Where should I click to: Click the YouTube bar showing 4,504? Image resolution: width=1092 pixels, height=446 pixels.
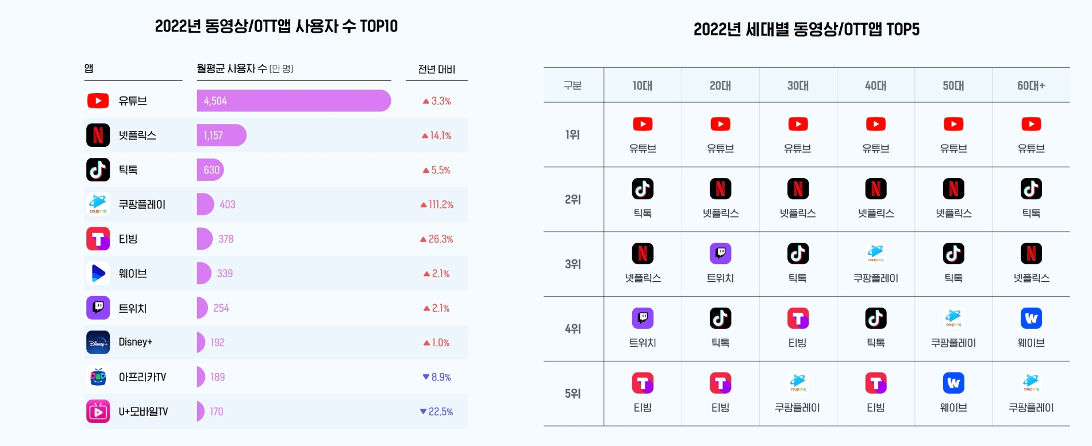click(x=293, y=100)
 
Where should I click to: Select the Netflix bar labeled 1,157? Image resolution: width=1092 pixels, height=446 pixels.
click(x=221, y=135)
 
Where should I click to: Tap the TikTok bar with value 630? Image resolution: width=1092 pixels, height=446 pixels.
click(x=210, y=170)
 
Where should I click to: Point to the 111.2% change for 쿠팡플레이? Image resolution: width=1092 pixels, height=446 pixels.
click(x=437, y=204)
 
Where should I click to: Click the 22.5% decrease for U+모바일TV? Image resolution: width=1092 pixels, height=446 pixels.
click(x=437, y=412)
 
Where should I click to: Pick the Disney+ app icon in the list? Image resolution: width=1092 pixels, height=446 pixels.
click(x=98, y=343)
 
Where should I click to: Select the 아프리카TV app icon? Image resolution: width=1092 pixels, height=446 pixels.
click(x=98, y=377)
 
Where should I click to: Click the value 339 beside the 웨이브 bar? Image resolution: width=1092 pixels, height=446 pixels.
click(x=225, y=274)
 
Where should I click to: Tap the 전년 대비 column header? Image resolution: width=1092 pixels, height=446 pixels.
click(x=437, y=69)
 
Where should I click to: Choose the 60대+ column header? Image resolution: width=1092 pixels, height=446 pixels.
click(x=1031, y=86)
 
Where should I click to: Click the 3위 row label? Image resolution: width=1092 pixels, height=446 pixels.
click(x=573, y=264)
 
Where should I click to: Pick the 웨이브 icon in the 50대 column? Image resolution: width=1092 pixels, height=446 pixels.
click(x=953, y=383)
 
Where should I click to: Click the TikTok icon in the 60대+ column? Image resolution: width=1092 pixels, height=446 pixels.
click(x=1031, y=189)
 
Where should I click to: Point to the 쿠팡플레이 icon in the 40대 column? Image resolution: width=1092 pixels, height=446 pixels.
click(x=876, y=253)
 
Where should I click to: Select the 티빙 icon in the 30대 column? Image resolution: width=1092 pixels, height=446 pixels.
click(x=798, y=319)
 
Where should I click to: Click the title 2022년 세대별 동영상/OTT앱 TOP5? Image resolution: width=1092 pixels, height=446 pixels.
click(x=806, y=29)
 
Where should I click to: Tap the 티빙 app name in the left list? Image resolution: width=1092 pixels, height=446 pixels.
click(x=128, y=239)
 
